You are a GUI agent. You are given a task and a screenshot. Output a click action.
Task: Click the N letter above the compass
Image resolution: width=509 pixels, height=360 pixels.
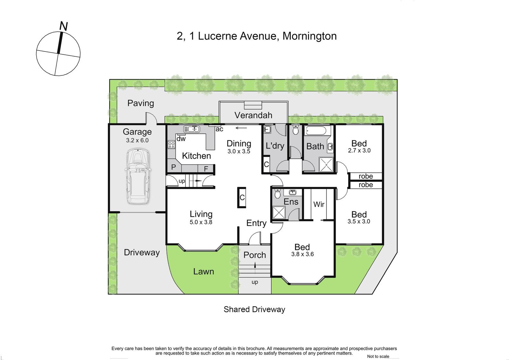64,26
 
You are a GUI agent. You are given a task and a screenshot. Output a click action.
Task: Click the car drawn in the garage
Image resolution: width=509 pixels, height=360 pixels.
138,176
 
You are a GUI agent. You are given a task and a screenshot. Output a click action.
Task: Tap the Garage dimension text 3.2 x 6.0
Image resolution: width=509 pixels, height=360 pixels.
137,140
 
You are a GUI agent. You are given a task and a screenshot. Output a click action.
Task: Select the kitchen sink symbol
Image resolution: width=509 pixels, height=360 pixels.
192,129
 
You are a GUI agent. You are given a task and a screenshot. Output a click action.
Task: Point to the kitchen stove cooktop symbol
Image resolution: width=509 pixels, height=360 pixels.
171,145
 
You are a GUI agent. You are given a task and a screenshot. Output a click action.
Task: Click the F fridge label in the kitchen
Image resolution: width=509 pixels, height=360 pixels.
206,169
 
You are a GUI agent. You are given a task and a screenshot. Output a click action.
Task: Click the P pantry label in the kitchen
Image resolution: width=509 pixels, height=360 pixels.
173,167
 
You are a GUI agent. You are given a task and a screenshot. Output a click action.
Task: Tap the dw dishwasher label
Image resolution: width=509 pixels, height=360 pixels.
181,138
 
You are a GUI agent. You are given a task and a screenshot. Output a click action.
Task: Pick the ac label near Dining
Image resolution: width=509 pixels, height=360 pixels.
219,129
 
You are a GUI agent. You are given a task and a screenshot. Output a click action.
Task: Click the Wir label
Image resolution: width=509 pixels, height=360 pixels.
319,204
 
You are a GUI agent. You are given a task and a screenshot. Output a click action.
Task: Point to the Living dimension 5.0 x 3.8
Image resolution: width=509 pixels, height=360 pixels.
201,222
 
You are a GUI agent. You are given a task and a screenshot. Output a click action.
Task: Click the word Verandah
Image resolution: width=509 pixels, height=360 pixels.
253,115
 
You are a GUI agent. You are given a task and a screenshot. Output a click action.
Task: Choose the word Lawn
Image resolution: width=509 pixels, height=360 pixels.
204,271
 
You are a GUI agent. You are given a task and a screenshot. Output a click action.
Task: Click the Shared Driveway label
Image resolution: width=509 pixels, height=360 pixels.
254,309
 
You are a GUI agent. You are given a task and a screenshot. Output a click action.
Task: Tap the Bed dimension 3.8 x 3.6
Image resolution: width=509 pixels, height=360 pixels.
303,254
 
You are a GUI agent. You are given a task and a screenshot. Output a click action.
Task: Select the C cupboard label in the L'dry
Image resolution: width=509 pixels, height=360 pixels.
266,164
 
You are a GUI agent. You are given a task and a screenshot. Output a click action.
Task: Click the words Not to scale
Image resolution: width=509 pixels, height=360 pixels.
378,356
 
